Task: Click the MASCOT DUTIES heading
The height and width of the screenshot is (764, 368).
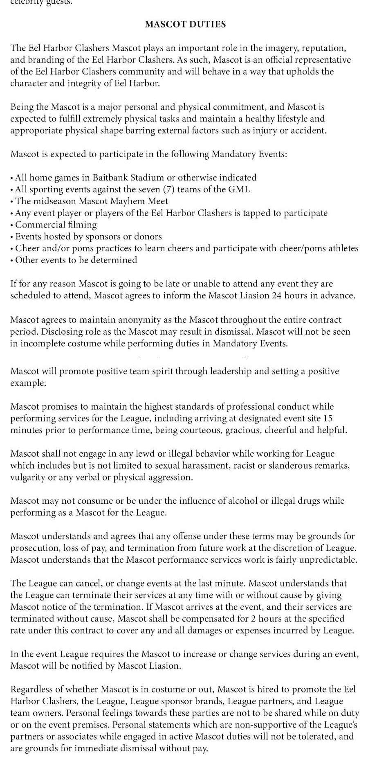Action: click(x=185, y=24)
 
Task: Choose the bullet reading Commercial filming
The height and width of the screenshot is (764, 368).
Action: click(x=56, y=225)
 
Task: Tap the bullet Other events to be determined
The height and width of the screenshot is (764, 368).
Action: click(x=76, y=260)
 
